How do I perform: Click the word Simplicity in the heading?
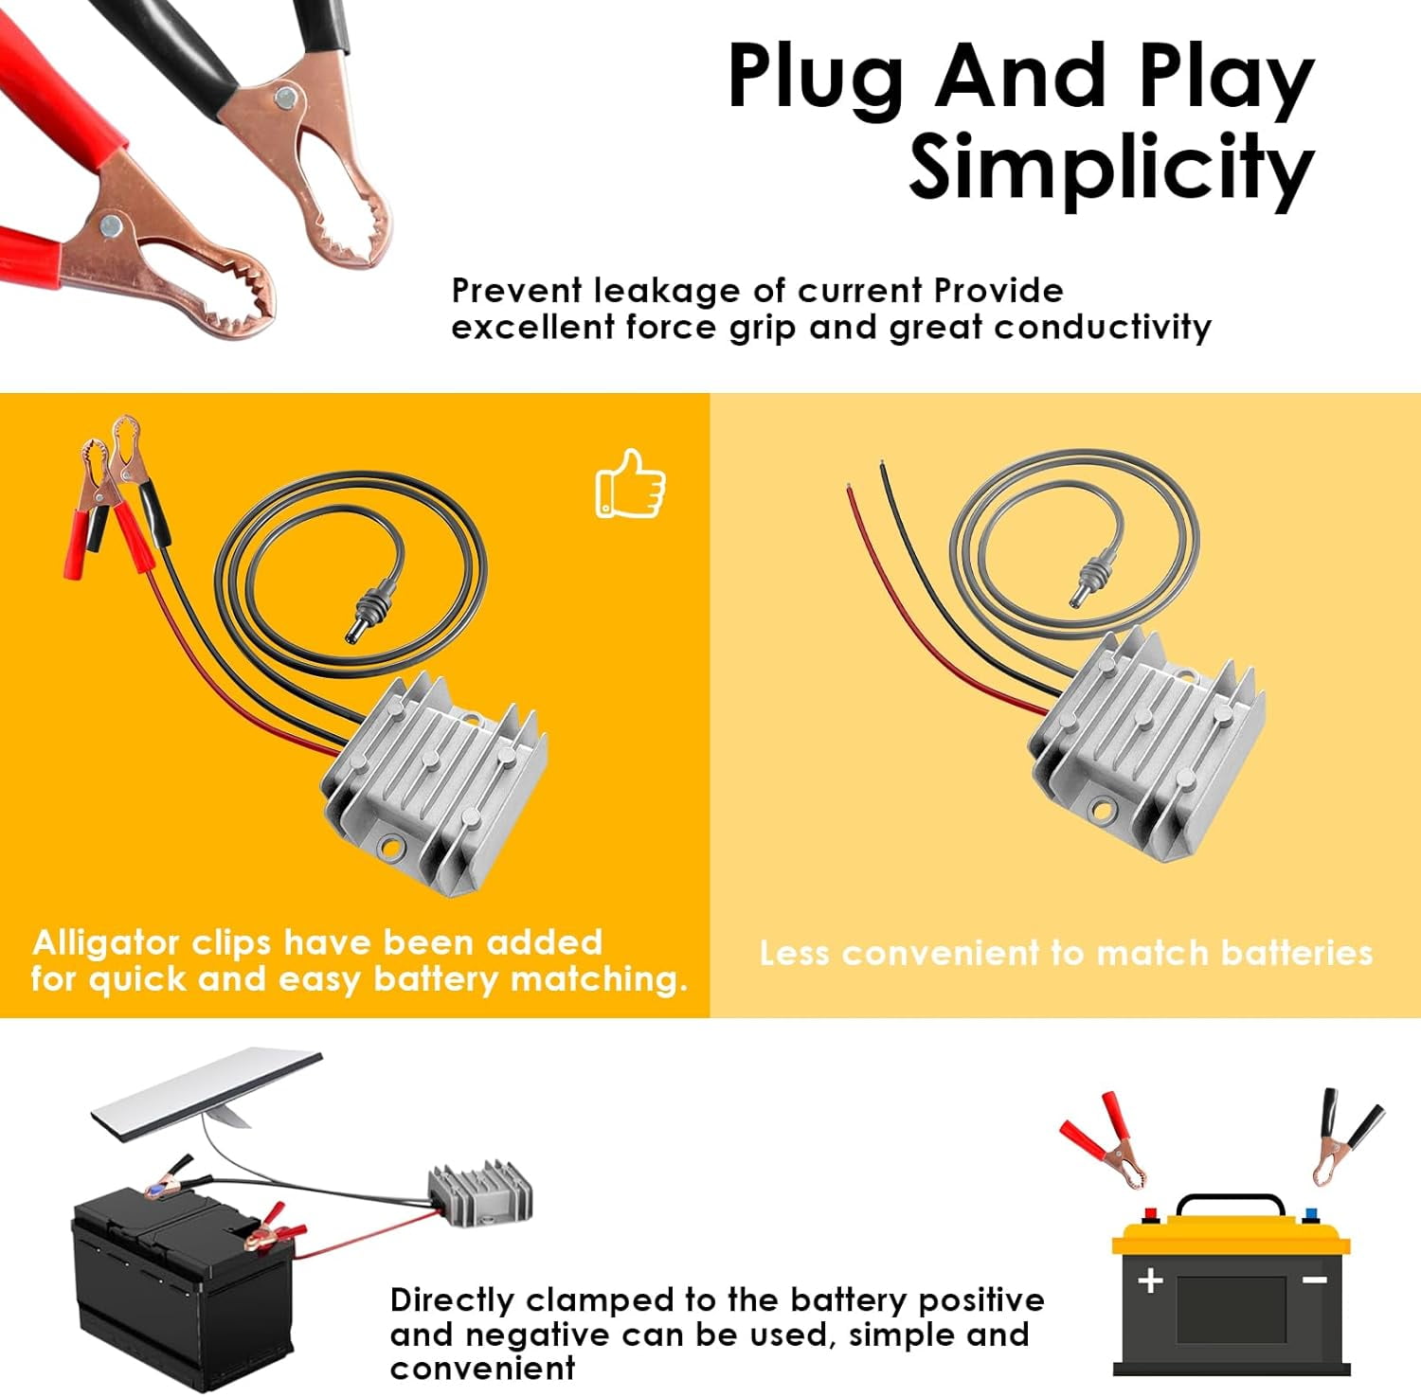(1110, 168)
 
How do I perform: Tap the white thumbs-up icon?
(630, 484)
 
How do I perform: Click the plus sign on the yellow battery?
(1150, 1281)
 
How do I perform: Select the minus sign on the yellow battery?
(1314, 1280)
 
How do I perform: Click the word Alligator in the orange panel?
(105, 942)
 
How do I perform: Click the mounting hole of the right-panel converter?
(1101, 811)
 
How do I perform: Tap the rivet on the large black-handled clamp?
(283, 95)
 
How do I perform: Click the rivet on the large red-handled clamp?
(111, 224)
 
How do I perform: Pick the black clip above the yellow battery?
(1343, 1134)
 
